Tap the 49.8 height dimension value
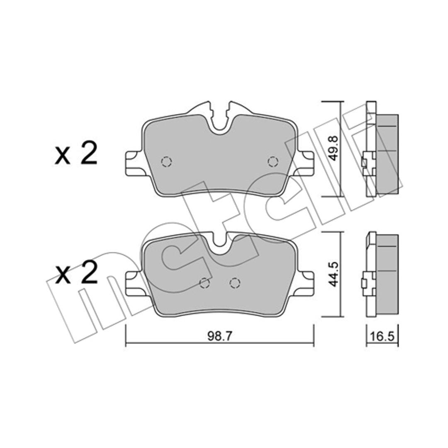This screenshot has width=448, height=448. tap(333, 149)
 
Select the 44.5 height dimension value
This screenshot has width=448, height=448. tap(333, 274)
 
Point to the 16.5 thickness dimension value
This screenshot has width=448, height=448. tap(383, 336)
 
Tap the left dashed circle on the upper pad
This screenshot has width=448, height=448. tap(166, 162)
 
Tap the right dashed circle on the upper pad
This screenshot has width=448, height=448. tap(273, 162)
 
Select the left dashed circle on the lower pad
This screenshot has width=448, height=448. tap(204, 283)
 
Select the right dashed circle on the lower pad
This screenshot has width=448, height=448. tap(235, 283)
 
